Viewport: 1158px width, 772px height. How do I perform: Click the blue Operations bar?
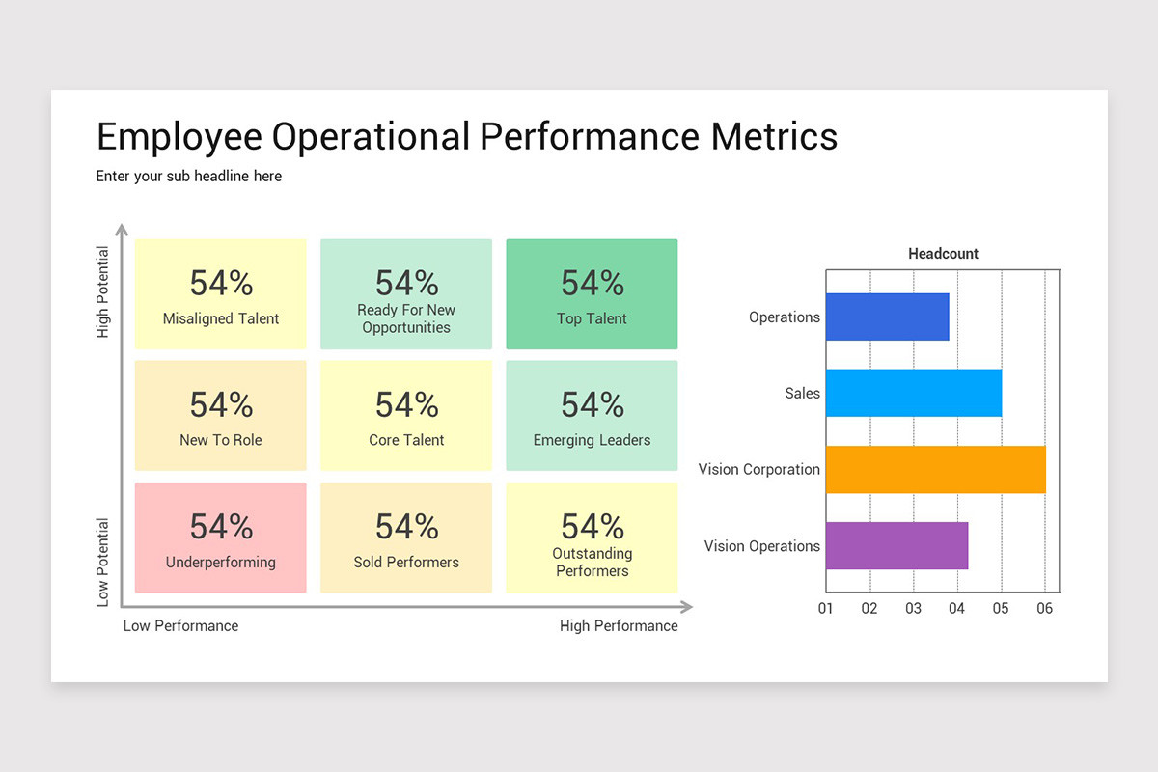[x=887, y=317]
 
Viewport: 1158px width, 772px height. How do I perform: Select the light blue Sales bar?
[x=913, y=393]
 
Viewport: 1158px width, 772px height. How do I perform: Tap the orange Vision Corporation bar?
[x=935, y=469]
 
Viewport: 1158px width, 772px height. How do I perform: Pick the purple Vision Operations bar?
[x=896, y=545]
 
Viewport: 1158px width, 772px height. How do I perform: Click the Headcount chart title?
[x=943, y=254]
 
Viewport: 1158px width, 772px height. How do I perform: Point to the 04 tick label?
[x=956, y=609]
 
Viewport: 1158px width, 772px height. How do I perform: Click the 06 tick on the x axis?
[x=1044, y=609]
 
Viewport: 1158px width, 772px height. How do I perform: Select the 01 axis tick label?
[x=826, y=609]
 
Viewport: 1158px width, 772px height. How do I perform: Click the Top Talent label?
[x=592, y=318]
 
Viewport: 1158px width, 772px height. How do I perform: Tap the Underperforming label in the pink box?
[x=220, y=562]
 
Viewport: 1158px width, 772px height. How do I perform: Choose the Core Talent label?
[x=406, y=440]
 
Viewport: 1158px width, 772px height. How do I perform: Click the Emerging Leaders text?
[x=592, y=440]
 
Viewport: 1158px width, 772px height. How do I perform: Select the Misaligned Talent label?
[x=220, y=318]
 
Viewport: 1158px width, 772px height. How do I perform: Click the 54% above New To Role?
[x=221, y=404]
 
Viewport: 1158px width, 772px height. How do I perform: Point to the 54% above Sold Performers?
[x=406, y=527]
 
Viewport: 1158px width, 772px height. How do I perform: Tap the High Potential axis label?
[x=103, y=292]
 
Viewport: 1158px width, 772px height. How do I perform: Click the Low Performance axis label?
[x=180, y=625]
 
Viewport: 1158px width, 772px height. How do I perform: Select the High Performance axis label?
[x=619, y=625]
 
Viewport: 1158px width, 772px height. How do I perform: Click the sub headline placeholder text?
[x=189, y=177]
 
